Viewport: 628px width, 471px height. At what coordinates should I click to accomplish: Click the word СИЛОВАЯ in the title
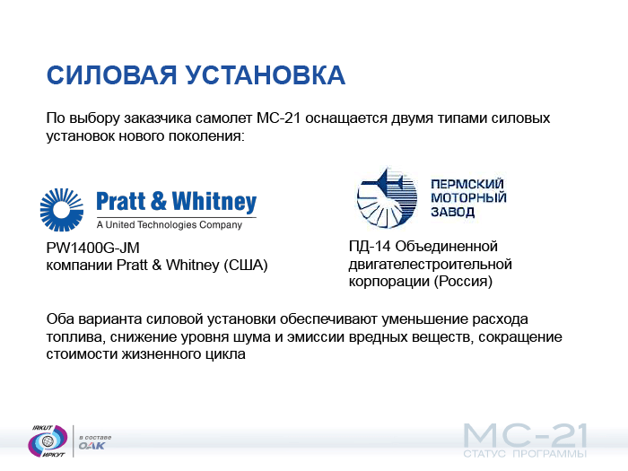pyautogui.click(x=111, y=75)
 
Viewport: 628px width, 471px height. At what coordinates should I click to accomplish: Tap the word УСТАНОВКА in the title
pyautogui.click(x=266, y=75)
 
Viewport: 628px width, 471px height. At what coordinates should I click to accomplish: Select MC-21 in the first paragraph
pyautogui.click(x=278, y=118)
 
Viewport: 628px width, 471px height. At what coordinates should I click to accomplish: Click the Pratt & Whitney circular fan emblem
pyautogui.click(x=62, y=209)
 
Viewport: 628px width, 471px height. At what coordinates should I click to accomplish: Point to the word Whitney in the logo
pyautogui.click(x=214, y=202)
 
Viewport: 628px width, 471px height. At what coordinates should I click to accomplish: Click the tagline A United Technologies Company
pyautogui.click(x=170, y=224)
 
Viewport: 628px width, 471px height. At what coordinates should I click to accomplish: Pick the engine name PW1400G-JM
pyautogui.click(x=93, y=248)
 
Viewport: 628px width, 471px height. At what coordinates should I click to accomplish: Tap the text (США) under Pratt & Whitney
pyautogui.click(x=246, y=266)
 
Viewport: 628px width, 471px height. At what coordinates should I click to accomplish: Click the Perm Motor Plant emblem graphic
pyautogui.click(x=387, y=198)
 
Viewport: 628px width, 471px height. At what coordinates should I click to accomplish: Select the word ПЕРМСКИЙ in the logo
pyautogui.click(x=467, y=184)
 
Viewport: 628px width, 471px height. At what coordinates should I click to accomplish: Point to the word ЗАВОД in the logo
pyautogui.click(x=452, y=212)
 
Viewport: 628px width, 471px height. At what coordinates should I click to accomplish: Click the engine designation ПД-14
pyautogui.click(x=370, y=247)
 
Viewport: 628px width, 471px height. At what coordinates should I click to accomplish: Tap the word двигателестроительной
pyautogui.click(x=430, y=265)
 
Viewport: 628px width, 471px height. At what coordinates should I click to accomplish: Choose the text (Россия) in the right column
pyautogui.click(x=463, y=282)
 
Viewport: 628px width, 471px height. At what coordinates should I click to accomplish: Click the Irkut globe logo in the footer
pyautogui.click(x=48, y=441)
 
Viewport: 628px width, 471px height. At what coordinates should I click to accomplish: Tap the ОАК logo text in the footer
pyautogui.click(x=92, y=446)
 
